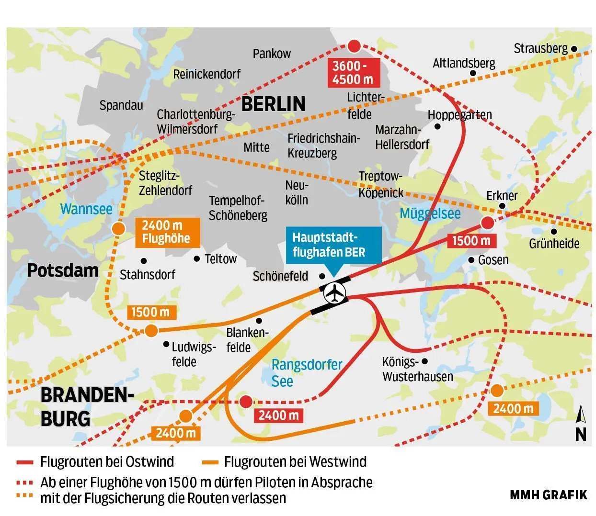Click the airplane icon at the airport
point(334,292)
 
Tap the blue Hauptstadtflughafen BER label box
point(329,245)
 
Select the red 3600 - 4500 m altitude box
point(353,73)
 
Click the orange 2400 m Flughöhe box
point(166,232)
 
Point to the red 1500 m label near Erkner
point(471,241)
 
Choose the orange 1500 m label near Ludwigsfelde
point(150,313)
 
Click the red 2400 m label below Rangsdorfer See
point(278,415)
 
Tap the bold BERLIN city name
point(273,104)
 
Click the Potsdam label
point(63,270)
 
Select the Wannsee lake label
point(86,209)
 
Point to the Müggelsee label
point(430,213)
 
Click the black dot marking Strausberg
point(574,49)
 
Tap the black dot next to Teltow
point(197,258)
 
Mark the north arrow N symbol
point(581,423)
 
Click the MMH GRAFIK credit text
point(548,495)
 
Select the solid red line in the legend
point(25,462)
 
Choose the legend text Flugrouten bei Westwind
point(295,462)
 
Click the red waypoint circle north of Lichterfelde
point(354,46)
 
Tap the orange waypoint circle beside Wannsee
point(117,229)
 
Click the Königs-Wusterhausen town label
point(417,369)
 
